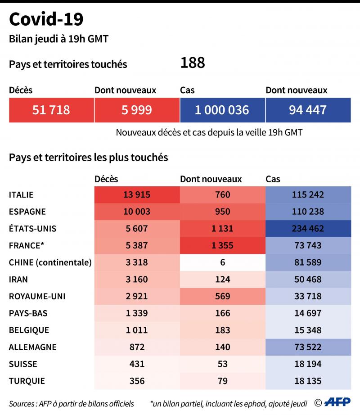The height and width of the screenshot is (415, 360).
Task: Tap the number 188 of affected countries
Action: pyautogui.click(x=193, y=63)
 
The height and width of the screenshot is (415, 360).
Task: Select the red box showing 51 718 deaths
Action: pyautogui.click(x=51, y=110)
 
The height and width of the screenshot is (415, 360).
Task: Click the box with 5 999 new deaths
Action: pyautogui.click(x=137, y=110)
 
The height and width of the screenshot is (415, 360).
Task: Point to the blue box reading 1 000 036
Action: pyautogui.click(x=222, y=110)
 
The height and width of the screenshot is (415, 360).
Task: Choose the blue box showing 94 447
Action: pyautogui.click(x=308, y=110)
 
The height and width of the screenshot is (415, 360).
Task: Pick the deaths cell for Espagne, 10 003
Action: pyautogui.click(x=137, y=212)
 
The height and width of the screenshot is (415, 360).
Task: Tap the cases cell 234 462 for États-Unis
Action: pyautogui.click(x=308, y=228)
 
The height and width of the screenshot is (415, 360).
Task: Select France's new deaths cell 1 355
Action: pyautogui.click(x=222, y=245)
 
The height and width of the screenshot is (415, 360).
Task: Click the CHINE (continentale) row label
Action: pyautogui.click(x=50, y=262)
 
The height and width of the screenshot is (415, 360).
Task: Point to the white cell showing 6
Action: pyautogui.click(x=222, y=262)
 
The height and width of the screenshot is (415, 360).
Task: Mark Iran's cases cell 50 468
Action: pyautogui.click(x=308, y=279)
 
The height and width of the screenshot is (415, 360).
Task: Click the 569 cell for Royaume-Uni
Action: pyautogui.click(x=222, y=296)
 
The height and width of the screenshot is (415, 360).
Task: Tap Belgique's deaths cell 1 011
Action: pyautogui.click(x=137, y=330)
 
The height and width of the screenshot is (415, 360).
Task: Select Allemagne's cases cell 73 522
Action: pyautogui.click(x=308, y=347)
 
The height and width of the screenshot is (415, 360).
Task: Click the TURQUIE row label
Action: pyautogui.click(x=27, y=381)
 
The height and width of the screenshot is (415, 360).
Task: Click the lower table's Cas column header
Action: pyautogui.click(x=273, y=179)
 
